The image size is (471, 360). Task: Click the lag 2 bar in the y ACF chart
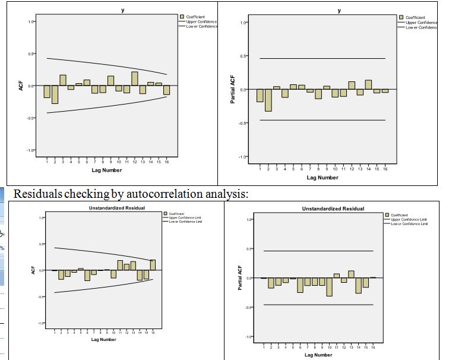pyautogui.click(x=55, y=94)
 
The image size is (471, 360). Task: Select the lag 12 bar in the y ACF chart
pyautogui.click(x=135, y=78)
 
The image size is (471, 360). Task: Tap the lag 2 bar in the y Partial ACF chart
pyautogui.click(x=268, y=100)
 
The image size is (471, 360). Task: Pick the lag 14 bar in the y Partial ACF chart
pyautogui.click(x=368, y=84)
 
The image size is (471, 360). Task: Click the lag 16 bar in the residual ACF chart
pyautogui.click(x=153, y=265)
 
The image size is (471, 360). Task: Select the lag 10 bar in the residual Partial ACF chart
pyautogui.click(x=329, y=287)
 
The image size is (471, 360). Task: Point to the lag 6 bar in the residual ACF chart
pyautogui.click(x=87, y=275)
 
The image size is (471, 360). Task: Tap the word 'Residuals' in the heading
pyautogui.click(x=36, y=193)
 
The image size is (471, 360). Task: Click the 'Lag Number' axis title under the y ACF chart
pyautogui.click(x=107, y=170)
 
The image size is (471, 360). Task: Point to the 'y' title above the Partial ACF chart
pyautogui.click(x=339, y=12)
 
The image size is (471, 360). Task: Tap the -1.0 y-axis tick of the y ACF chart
pyautogui.click(x=31, y=150)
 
